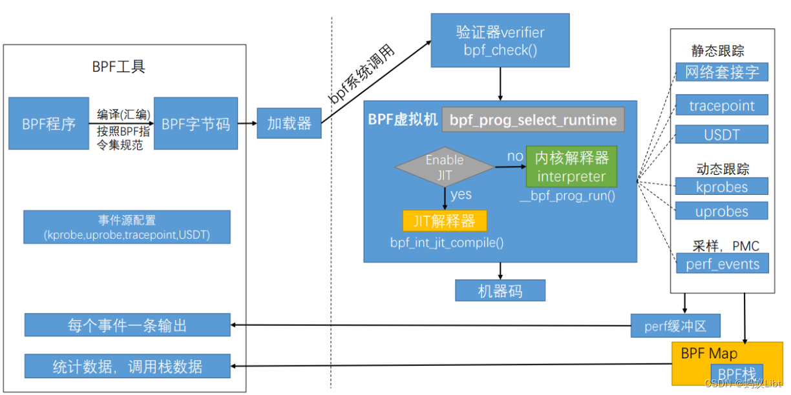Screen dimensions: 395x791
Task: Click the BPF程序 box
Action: point(49,123)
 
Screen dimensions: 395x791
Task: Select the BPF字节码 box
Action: point(196,123)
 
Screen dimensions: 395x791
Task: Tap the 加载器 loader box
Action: point(289,123)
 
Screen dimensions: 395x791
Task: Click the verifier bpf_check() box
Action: point(500,41)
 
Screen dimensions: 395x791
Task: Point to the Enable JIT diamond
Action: point(445,167)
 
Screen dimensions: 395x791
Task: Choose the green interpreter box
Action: point(571,167)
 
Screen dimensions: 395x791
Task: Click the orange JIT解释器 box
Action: point(445,221)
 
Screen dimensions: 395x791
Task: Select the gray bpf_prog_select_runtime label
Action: point(533,119)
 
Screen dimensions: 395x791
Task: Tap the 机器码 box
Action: point(500,290)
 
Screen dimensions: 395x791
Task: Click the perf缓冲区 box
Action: point(675,326)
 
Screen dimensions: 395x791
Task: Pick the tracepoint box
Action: point(722,105)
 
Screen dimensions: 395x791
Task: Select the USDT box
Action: point(722,134)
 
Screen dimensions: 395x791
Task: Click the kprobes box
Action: point(722,187)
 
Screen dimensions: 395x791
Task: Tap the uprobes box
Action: point(722,211)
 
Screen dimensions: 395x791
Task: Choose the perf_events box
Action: point(722,263)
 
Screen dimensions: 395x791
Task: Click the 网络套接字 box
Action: point(722,72)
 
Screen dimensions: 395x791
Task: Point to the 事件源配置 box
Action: point(127,227)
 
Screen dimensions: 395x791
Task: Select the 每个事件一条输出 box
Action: point(127,325)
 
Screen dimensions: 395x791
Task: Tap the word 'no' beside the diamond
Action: point(515,156)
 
